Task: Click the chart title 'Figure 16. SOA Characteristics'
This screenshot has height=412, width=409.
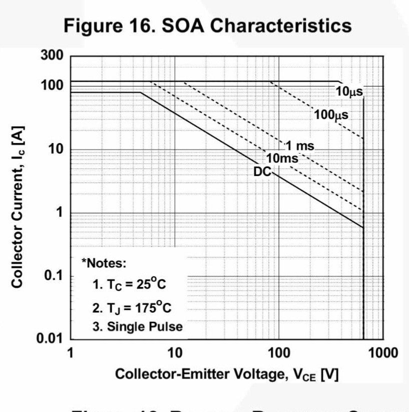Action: tap(208, 25)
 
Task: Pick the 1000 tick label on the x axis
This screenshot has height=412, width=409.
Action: tap(383, 353)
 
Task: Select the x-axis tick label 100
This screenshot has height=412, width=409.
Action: tap(278, 353)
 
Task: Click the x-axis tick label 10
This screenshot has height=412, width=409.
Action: tap(174, 353)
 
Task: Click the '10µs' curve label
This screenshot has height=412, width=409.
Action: tap(349, 91)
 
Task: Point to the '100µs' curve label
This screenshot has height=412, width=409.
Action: tap(331, 114)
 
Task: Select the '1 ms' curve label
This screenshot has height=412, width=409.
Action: tap(300, 146)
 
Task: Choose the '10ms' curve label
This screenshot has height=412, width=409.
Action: tap(282, 158)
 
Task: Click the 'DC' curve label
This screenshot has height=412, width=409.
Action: tap(262, 172)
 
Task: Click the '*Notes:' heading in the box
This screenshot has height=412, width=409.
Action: tap(104, 262)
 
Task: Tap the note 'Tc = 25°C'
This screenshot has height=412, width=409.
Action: tap(129, 284)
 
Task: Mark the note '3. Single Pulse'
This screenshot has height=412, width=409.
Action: tap(137, 327)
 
